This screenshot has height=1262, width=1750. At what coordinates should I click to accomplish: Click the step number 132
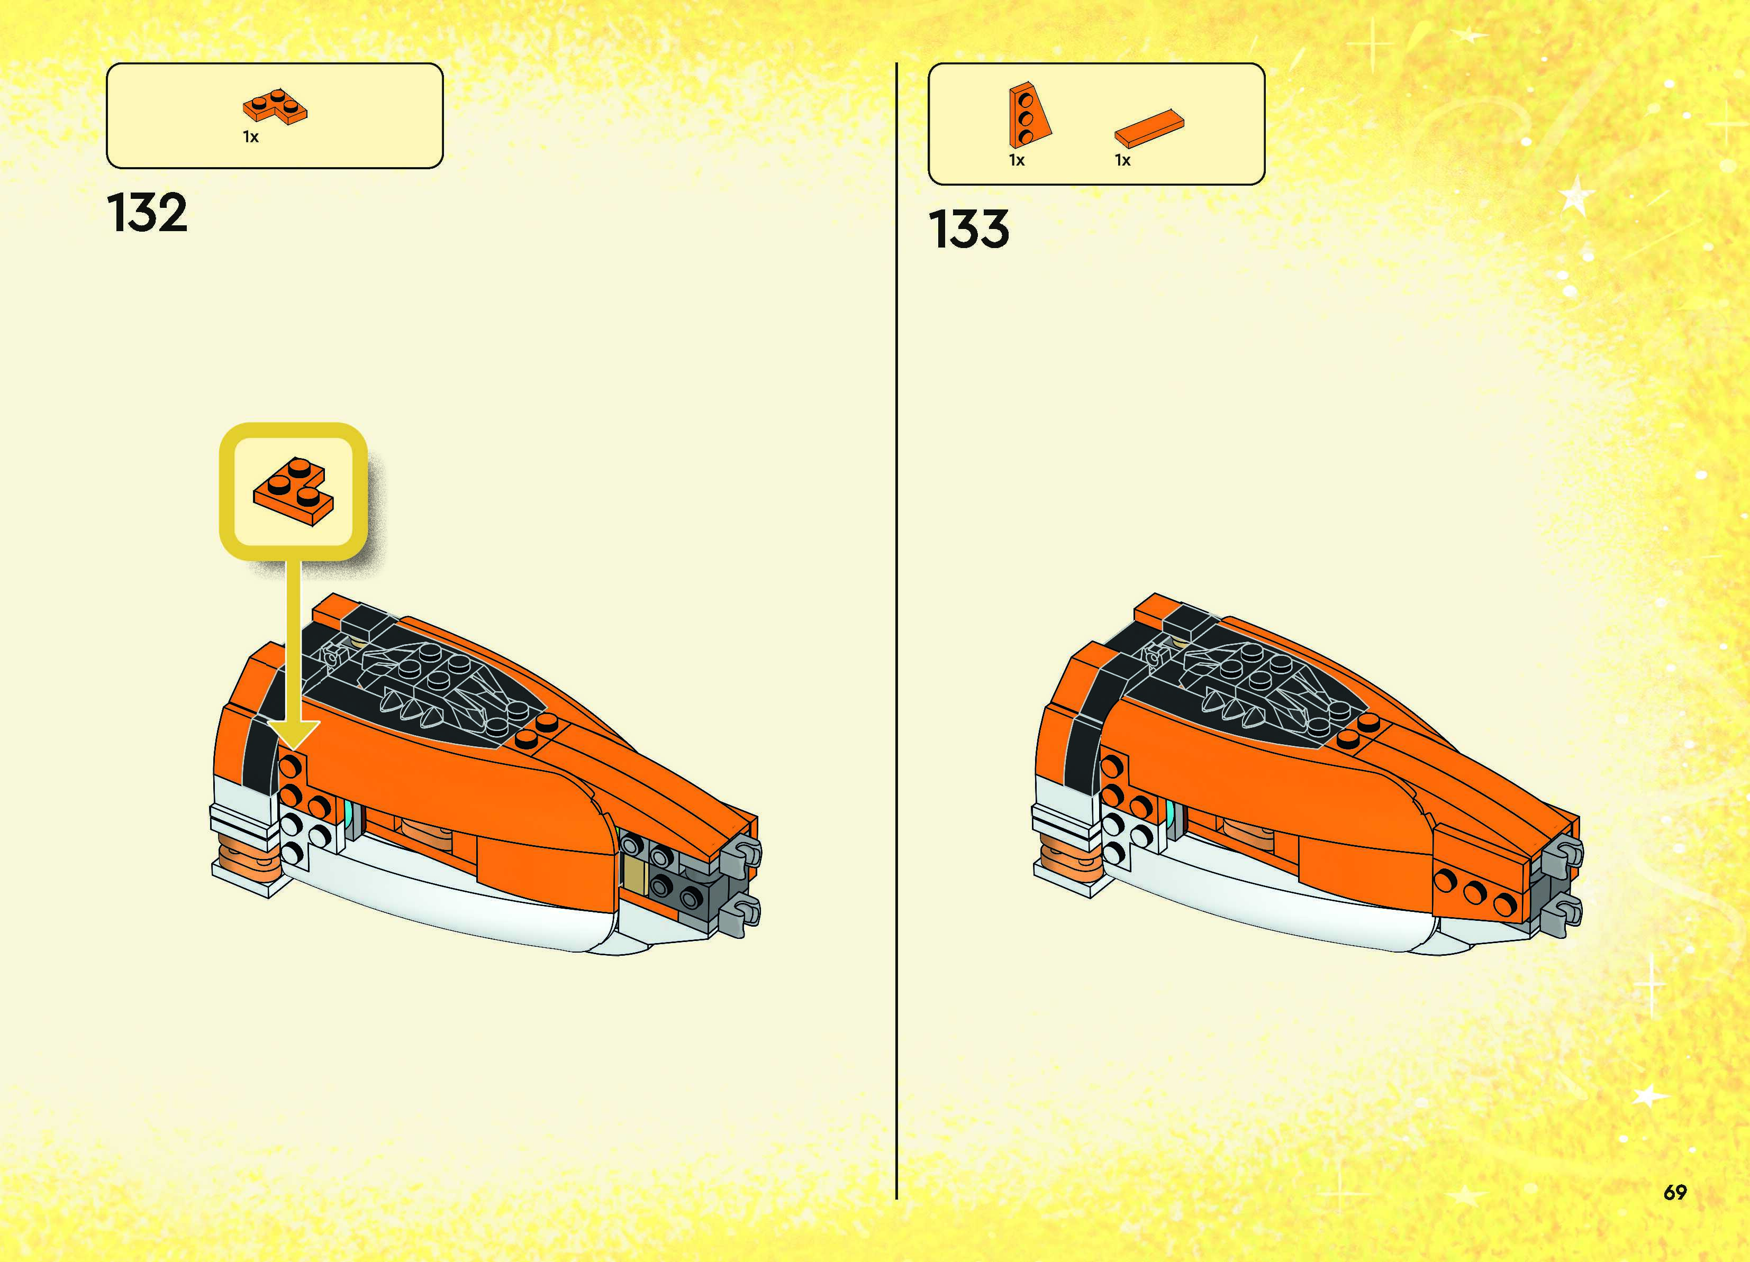(147, 213)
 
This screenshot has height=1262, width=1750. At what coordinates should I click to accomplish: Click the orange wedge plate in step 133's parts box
(1028, 116)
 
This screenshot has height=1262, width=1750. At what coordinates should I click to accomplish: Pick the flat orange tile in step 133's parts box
(1149, 127)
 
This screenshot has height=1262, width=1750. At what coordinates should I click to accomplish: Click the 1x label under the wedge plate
(1017, 160)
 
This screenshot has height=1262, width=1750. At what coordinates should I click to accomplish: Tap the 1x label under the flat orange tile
(1123, 160)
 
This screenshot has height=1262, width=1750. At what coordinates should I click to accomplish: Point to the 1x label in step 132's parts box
(251, 138)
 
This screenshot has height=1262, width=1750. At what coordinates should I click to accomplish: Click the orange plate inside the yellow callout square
(293, 491)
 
